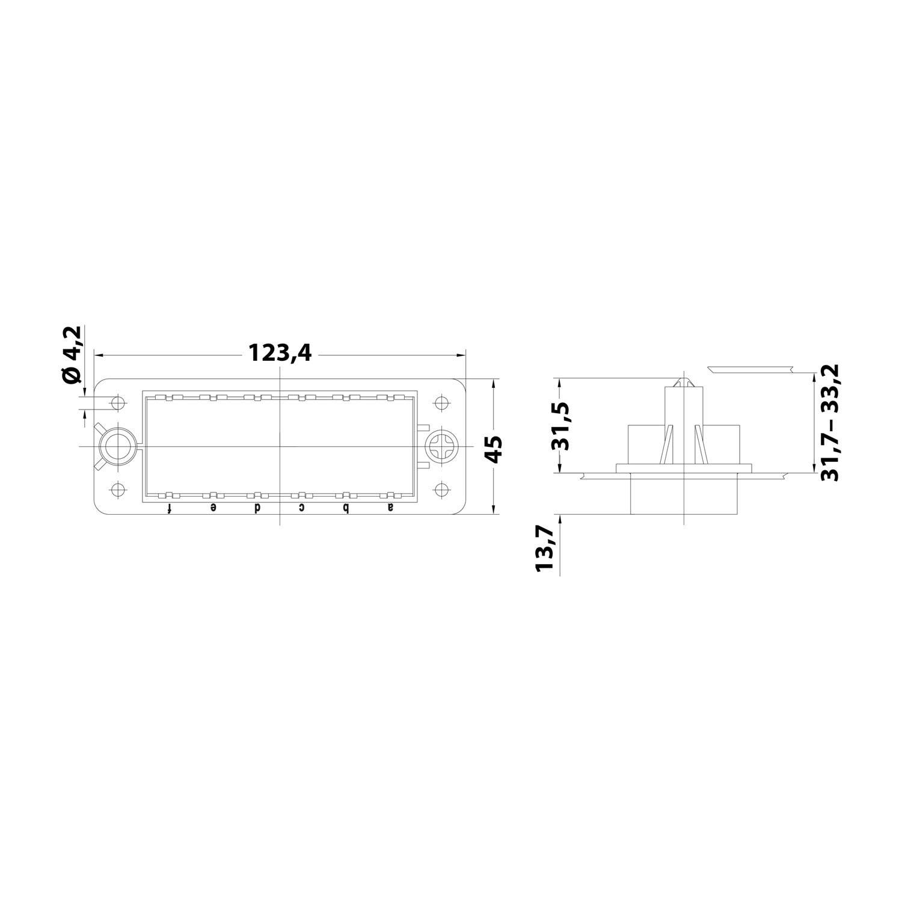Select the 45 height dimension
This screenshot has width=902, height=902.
493,449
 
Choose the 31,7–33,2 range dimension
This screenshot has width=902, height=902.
830,422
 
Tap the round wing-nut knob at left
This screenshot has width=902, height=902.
117,447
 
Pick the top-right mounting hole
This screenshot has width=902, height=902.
443,402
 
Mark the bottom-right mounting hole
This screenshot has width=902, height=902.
443,490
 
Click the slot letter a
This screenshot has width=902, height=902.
391,508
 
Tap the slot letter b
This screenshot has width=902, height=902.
346,508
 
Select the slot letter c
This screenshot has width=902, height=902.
302,508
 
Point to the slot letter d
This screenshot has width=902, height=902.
257,508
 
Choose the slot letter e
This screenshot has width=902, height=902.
213,508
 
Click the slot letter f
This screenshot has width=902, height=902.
170,508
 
